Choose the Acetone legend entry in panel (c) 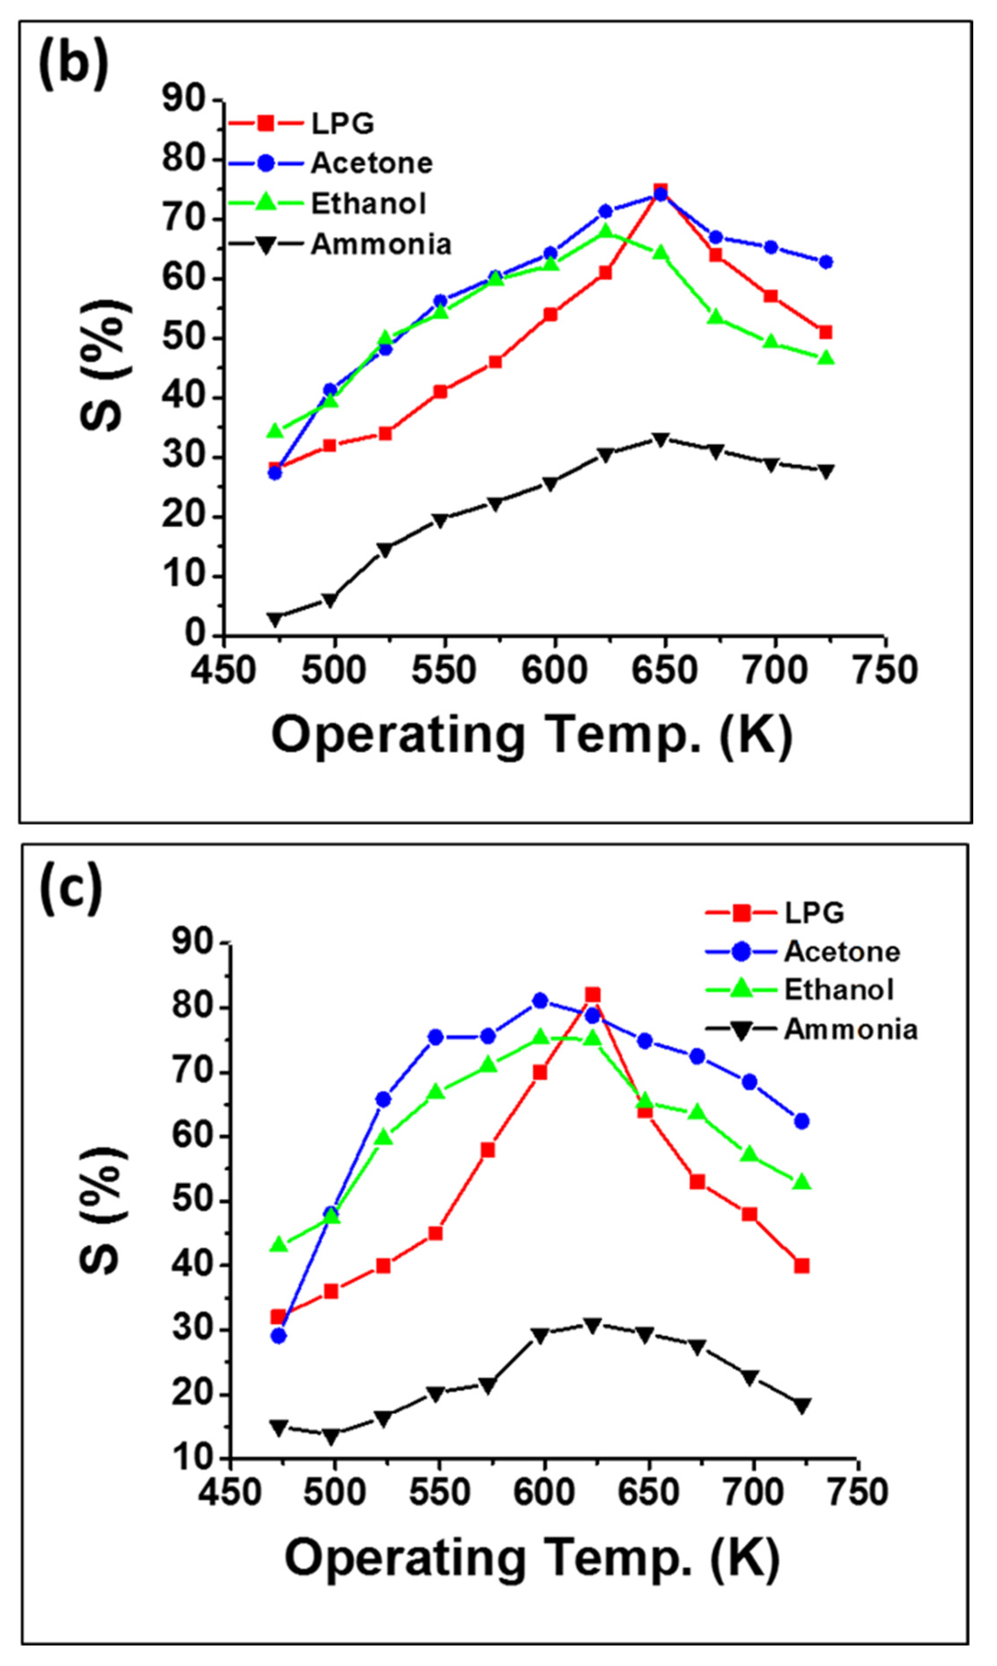[x=841, y=952]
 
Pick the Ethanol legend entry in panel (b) [x=368, y=203]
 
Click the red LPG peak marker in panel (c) [x=592, y=995]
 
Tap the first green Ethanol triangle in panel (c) [x=278, y=1245]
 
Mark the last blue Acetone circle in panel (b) [x=826, y=262]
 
